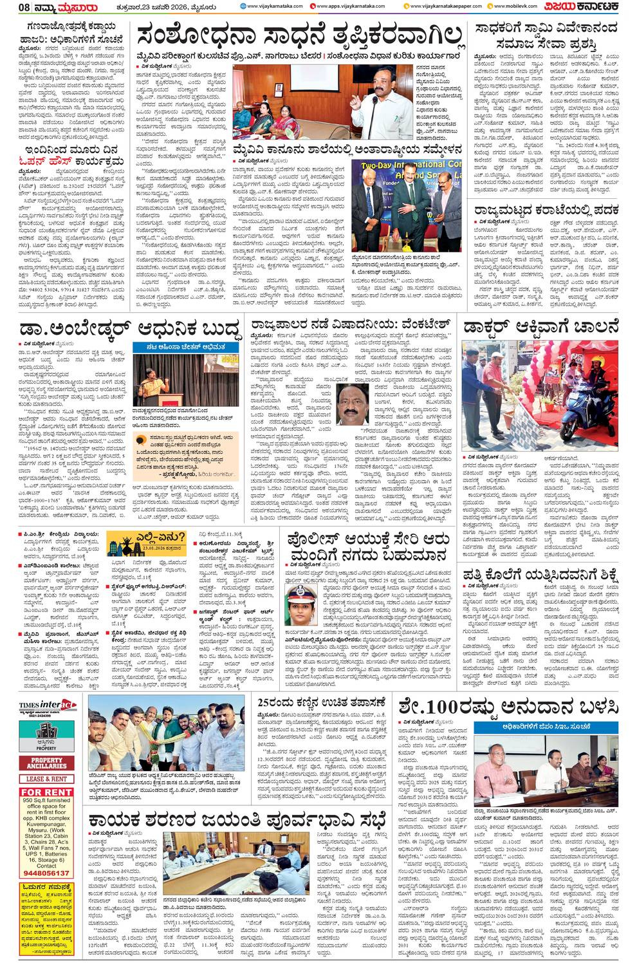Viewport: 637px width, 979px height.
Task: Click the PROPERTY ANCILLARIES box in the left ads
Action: click(46, 764)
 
